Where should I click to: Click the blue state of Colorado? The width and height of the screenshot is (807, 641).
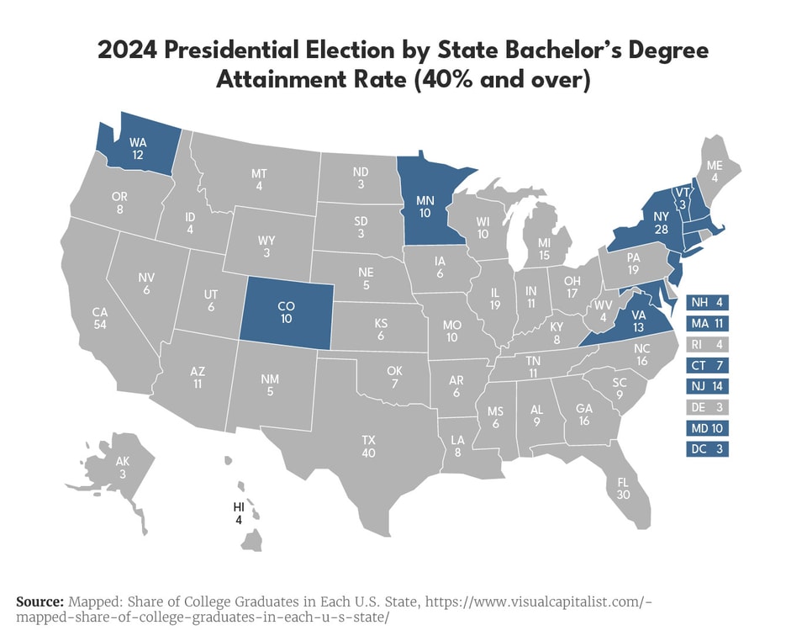coord(286,313)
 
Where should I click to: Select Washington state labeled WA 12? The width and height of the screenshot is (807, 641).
coord(138,149)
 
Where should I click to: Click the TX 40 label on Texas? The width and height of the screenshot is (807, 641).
coord(368,447)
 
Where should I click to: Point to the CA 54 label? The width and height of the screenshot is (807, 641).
coord(99,318)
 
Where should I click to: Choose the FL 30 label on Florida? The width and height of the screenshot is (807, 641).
coord(623,490)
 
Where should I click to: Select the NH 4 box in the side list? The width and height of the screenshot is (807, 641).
coord(707,301)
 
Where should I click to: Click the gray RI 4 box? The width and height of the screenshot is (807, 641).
coord(707,344)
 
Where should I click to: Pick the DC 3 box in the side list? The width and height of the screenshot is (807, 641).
coord(707,449)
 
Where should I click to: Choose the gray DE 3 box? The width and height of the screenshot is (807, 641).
coord(707,407)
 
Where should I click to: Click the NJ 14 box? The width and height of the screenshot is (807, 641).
coord(707,386)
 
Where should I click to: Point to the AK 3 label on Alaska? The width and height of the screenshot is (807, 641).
coord(123,468)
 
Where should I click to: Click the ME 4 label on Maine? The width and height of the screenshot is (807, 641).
coord(714,172)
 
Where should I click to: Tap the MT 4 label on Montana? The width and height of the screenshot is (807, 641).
coord(259,179)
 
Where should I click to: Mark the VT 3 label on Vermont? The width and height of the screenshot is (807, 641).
coord(682,199)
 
